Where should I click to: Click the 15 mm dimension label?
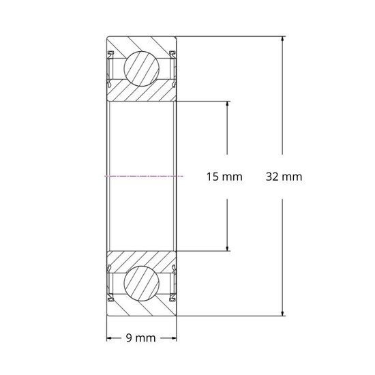click(224, 177)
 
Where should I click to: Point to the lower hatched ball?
click(142, 284)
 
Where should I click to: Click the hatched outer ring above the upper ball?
click(142, 42)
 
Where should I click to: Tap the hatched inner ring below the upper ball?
click(142, 94)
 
